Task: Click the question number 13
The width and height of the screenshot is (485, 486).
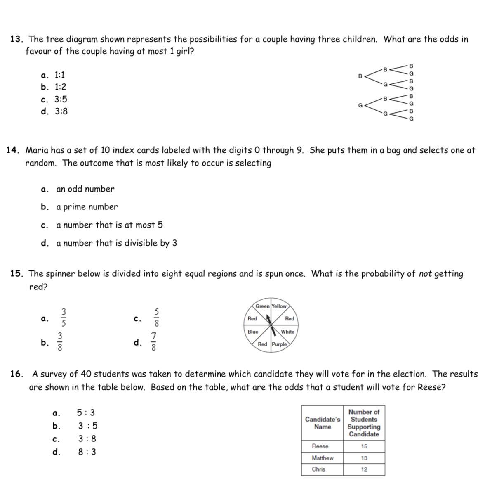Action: [16, 39]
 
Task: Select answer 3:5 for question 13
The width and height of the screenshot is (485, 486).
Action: [61, 100]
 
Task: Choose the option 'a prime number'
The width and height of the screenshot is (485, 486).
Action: [87, 207]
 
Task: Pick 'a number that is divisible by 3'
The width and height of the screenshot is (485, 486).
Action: [116, 243]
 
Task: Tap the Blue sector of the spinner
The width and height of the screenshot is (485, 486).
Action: [253, 332]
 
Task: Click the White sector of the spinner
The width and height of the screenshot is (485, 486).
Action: [287, 332]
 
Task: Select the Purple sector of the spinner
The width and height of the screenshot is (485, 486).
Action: [279, 344]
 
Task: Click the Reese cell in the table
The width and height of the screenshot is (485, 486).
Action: [320, 446]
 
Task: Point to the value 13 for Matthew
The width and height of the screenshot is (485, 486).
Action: [364, 458]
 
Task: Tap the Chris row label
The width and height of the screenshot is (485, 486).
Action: [318, 469]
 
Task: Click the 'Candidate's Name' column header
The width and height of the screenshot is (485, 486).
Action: [323, 423]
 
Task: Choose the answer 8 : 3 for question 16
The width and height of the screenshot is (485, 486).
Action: [87, 452]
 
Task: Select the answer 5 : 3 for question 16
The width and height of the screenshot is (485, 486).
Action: [86, 413]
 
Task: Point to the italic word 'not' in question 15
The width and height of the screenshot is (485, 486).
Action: [425, 274]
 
